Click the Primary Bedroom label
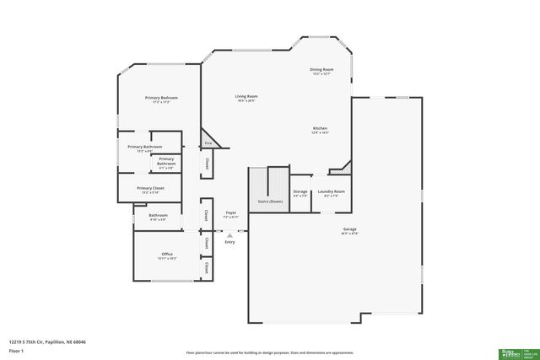click(160, 98)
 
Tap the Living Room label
click(246, 96)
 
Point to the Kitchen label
click(320, 128)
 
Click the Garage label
click(349, 229)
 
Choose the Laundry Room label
click(331, 191)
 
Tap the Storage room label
click(300, 191)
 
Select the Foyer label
click(230, 213)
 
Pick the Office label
click(167, 254)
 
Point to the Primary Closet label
click(150, 188)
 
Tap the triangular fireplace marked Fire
click(209, 142)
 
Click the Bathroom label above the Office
click(158, 215)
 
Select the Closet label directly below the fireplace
click(207, 163)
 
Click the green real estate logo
click(515, 352)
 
